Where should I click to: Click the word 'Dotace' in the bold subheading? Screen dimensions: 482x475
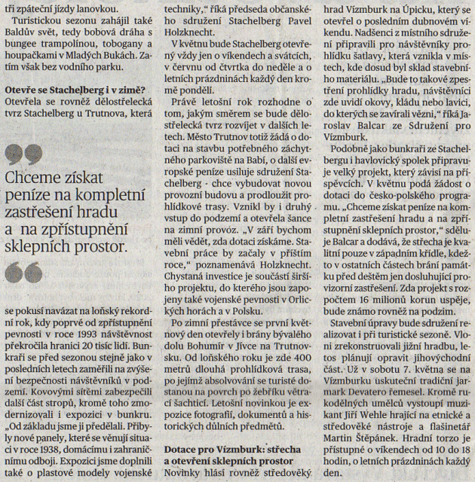pos(183,449)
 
